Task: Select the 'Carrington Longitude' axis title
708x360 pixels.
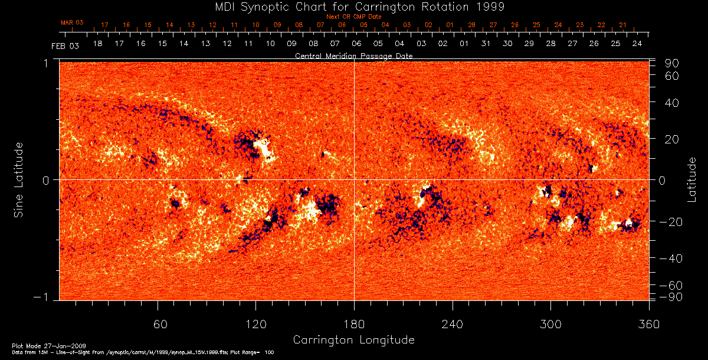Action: click(353, 340)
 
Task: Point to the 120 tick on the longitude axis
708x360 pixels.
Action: click(256, 324)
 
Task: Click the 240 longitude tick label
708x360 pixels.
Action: click(453, 324)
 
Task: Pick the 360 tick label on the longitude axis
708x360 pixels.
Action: click(648, 324)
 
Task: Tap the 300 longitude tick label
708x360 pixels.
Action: click(550, 324)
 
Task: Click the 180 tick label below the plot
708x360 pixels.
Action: click(354, 324)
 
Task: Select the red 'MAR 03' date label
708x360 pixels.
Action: click(72, 22)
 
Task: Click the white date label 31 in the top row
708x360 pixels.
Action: click(486, 44)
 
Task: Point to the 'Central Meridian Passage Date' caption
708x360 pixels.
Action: click(354, 55)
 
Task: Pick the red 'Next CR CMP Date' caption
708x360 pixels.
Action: click(354, 17)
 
